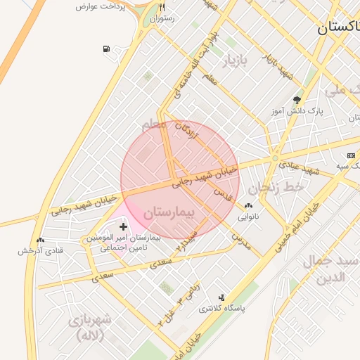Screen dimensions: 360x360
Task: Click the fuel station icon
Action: coord(105,49)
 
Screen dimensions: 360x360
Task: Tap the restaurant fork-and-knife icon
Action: coord(162,8)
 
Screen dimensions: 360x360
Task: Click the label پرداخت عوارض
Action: coord(105,6)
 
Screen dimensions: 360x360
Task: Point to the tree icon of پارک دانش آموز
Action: coord(297,100)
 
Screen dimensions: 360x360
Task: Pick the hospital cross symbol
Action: coord(124,226)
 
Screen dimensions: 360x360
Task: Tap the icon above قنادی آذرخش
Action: coord(40,240)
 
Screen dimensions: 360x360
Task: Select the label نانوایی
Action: coord(247,217)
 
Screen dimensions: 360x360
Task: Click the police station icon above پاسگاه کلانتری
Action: coord(222,297)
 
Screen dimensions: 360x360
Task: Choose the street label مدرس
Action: coord(241,240)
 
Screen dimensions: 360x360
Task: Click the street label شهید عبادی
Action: coord(299,168)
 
